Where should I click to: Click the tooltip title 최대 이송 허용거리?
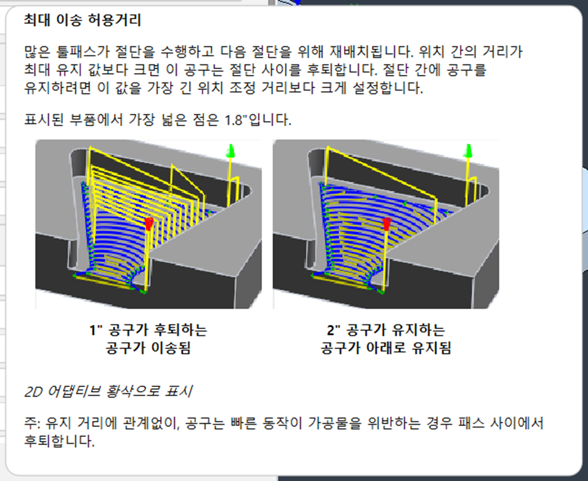point(82,20)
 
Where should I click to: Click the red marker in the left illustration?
point(149,223)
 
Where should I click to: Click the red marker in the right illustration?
point(387,223)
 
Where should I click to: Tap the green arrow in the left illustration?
point(231,151)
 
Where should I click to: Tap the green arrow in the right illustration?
point(468,151)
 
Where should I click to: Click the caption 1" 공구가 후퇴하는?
point(148,330)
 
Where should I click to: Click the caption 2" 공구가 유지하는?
point(386,330)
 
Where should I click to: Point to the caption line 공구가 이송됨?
point(148,348)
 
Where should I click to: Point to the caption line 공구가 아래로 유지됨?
point(386,348)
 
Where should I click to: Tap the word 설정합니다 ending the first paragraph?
point(388,88)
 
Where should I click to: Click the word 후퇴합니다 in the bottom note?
point(59,441)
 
